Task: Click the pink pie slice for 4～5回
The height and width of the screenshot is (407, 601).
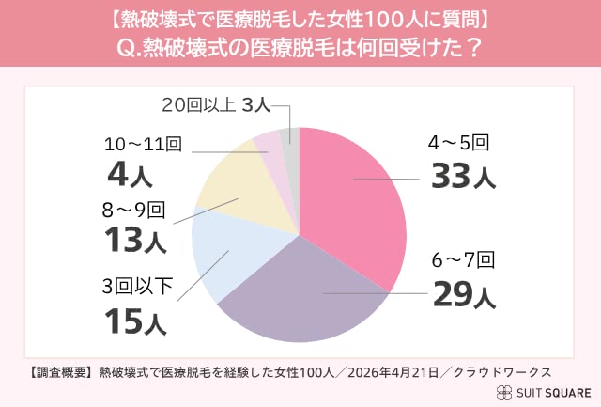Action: pyautogui.click(x=352, y=197)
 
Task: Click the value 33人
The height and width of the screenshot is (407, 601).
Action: pyautogui.click(x=461, y=176)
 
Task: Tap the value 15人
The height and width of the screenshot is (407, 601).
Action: pyautogui.click(x=135, y=322)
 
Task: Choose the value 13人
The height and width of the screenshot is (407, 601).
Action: pyautogui.click(x=135, y=239)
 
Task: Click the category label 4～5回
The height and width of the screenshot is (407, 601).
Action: pyautogui.click(x=458, y=144)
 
